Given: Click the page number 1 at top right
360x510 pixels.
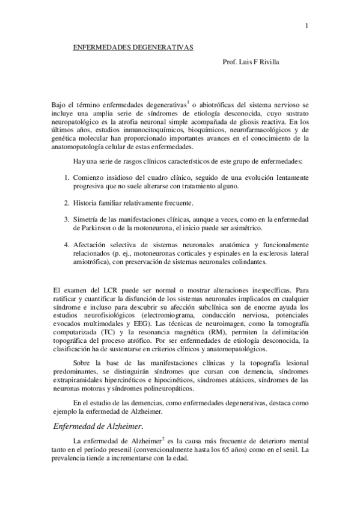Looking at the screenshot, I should click(307, 26).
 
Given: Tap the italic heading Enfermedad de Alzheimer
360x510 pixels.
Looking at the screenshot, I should click(98, 427).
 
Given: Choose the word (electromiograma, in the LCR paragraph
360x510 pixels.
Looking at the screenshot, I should click(172, 315).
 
